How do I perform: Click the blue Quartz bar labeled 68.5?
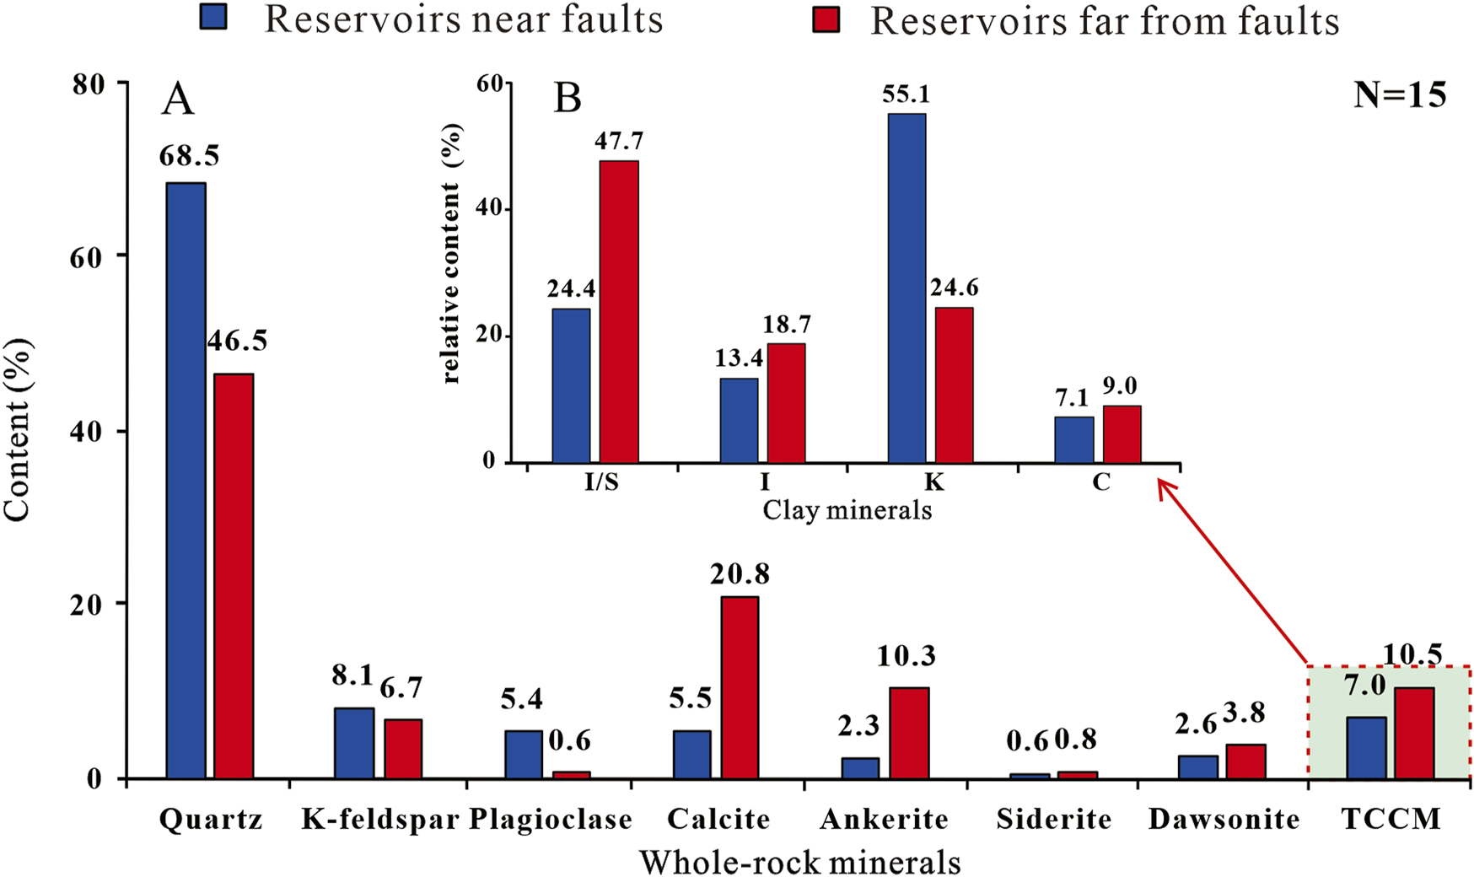[x=186, y=480]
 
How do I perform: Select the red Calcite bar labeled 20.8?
[x=739, y=687]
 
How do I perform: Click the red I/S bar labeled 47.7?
[x=618, y=311]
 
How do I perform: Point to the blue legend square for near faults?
[x=213, y=18]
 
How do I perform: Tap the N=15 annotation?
[x=1399, y=95]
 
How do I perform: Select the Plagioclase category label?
[x=550, y=819]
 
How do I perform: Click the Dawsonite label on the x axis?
[x=1224, y=819]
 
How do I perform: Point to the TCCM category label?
[x=1391, y=819]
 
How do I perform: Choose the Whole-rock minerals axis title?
[x=799, y=861]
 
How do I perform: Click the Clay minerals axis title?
[x=847, y=510]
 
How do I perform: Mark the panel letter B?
[x=567, y=99]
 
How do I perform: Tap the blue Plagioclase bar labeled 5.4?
[x=523, y=754]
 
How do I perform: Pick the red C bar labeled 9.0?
[x=1122, y=434]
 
